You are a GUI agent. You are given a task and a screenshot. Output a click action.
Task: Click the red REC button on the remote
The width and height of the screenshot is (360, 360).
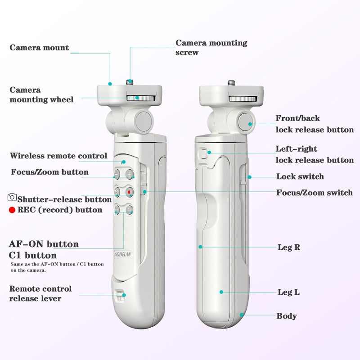[129, 192]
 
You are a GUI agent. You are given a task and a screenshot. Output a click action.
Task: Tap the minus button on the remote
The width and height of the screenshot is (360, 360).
[117, 175]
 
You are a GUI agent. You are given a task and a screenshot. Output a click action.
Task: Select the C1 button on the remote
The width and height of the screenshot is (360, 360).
[129, 210]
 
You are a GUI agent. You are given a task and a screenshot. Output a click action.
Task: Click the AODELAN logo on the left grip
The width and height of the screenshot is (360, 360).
[123, 254]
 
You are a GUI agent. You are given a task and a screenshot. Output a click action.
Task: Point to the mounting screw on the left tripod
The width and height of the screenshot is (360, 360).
[130, 82]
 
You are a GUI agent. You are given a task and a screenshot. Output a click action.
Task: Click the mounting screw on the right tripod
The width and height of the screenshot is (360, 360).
[232, 83]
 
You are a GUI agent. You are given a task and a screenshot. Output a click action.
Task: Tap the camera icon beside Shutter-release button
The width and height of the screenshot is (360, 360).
[12, 197]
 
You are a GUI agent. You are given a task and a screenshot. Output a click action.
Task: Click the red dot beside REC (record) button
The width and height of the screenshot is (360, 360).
[12, 210]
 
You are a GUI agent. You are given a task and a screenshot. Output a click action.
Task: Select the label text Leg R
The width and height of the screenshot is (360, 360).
[289, 247]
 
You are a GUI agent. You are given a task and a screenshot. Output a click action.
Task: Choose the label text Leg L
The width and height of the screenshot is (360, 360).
[288, 292]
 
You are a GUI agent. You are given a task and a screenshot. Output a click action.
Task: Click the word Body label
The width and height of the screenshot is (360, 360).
[287, 316]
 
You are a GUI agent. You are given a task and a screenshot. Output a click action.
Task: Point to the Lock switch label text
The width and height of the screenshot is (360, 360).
[300, 176]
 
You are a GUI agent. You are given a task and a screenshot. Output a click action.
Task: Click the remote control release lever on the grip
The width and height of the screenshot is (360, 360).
[120, 296]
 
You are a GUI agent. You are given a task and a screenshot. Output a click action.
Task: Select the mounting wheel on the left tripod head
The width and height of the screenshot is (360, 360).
[141, 98]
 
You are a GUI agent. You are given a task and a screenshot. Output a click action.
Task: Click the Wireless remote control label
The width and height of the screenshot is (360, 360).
[58, 156]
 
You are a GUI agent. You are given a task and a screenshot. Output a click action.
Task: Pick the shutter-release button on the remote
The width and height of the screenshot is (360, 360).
[117, 192]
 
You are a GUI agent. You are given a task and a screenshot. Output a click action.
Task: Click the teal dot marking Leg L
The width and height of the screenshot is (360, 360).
[221, 292]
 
